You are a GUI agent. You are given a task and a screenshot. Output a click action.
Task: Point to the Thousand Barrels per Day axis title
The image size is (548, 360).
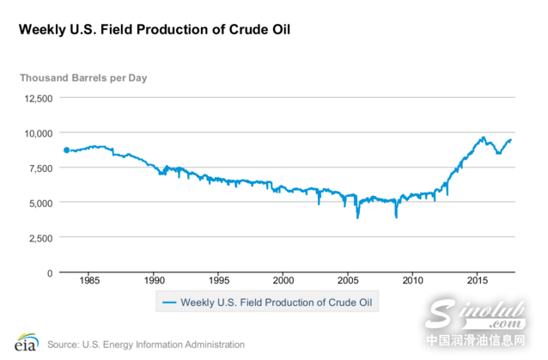[x=83, y=77]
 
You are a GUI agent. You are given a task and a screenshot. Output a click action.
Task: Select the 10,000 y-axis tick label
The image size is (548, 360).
[x=36, y=133]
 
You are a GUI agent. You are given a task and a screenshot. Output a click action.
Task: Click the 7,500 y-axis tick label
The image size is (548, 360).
[x=39, y=168]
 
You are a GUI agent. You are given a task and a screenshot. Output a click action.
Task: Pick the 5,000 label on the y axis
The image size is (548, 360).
[x=39, y=203]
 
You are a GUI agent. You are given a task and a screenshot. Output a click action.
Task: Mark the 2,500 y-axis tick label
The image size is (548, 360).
[x=39, y=238]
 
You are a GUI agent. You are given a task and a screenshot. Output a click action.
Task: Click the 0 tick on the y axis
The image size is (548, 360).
[x=50, y=272]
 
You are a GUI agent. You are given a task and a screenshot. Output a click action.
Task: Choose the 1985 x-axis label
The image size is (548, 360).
[x=90, y=281]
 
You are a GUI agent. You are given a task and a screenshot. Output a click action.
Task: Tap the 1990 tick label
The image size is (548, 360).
[x=155, y=281]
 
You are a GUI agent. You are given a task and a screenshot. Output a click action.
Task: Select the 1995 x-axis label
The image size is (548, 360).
[x=219, y=281]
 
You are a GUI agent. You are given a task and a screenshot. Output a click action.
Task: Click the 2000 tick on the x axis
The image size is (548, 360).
[x=283, y=281]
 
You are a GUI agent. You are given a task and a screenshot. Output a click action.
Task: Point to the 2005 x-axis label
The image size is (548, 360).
[x=348, y=281]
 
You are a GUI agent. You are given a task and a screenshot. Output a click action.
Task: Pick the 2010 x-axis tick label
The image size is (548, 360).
[x=413, y=281]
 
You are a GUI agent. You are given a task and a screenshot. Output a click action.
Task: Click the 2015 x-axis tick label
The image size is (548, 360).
[x=478, y=281]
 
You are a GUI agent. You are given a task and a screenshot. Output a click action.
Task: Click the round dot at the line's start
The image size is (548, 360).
[x=66, y=150]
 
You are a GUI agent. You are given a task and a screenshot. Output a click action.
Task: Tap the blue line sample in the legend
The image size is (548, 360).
[x=170, y=302]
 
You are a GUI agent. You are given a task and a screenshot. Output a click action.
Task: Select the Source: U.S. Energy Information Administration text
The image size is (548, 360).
[x=146, y=345]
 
